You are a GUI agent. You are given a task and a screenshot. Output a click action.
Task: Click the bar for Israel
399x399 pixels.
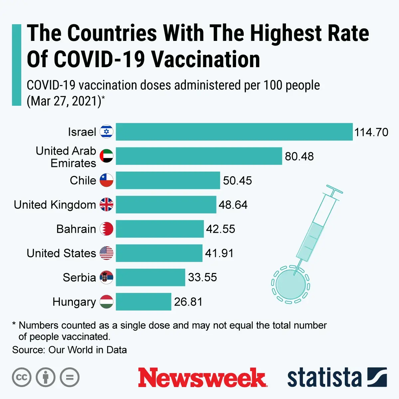pyautogui.click(x=234, y=132)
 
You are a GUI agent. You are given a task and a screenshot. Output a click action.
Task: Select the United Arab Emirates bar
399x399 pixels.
pyautogui.click(x=199, y=156)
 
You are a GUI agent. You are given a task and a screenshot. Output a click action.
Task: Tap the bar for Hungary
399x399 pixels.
pyautogui.click(x=143, y=302)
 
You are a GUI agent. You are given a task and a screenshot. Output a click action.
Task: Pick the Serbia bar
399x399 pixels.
pyautogui.click(x=150, y=277)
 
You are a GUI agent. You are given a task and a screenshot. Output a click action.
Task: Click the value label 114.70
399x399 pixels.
pyautogui.click(x=371, y=132)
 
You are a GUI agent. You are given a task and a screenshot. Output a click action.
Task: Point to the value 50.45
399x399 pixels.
pyautogui.click(x=237, y=181)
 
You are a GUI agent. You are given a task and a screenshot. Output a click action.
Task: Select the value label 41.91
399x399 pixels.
pyautogui.click(x=219, y=253)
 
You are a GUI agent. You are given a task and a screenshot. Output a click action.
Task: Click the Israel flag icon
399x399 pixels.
pyautogui.click(x=106, y=132)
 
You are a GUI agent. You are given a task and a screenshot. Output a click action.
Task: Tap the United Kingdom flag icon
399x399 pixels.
pyautogui.click(x=106, y=204)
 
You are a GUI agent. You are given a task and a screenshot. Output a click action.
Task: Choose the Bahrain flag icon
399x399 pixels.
pyautogui.click(x=106, y=229)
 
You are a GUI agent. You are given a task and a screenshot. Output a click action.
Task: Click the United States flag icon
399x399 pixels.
pyautogui.click(x=106, y=253)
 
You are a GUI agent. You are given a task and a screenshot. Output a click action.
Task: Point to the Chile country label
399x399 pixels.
pyautogui.click(x=83, y=181)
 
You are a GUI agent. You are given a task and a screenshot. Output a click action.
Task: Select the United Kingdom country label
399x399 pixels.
pyautogui.click(x=55, y=205)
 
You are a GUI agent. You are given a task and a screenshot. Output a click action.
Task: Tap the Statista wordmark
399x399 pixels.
pyautogui.click(x=324, y=378)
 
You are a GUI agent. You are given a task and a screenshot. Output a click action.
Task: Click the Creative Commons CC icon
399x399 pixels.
pyautogui.click(x=22, y=377)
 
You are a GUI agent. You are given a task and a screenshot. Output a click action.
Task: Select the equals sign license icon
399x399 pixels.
pyautogui.click(x=69, y=377)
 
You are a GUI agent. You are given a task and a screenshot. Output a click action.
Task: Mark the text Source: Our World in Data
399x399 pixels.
pyautogui.click(x=69, y=350)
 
